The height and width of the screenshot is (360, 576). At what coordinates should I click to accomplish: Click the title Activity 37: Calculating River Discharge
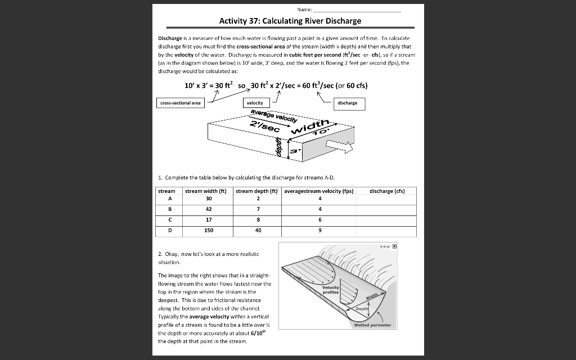tap(290, 21)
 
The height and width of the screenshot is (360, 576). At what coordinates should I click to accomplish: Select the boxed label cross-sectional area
tap(180, 103)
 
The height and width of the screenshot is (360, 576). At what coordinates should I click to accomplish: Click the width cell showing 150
tap(209, 230)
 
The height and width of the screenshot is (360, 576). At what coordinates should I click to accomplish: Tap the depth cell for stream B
tap(258, 208)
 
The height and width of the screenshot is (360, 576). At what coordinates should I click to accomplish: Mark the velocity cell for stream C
tap(319, 219)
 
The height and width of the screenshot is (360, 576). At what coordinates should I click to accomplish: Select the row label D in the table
tap(169, 230)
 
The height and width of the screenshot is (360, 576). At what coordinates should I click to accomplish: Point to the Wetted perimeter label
tap(372, 325)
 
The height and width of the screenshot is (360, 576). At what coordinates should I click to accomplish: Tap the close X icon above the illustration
tap(394, 246)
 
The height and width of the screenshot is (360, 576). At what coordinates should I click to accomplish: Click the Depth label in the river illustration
tap(361, 309)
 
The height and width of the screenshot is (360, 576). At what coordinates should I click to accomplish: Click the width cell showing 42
tap(209, 208)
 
